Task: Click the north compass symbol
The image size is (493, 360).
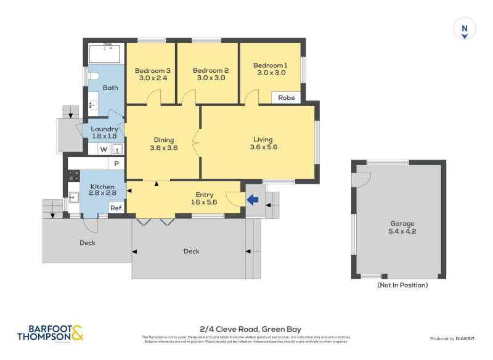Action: point(465,29)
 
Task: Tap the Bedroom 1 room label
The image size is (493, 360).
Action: point(270,65)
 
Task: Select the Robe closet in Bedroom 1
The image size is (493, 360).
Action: point(287,97)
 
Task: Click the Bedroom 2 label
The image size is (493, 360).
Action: point(210,70)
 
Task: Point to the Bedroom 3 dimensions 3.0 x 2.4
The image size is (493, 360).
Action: point(152,78)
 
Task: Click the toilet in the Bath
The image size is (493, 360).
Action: point(93,76)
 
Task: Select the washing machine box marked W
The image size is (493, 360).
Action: point(103,149)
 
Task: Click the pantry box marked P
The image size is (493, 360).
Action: point(116,163)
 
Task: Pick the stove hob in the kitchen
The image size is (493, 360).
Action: point(73,175)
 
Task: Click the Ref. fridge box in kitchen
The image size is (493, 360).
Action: point(116,208)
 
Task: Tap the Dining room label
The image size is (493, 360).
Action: point(164,140)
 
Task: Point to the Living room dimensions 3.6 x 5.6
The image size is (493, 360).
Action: point(263,147)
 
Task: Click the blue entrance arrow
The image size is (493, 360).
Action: point(253,199)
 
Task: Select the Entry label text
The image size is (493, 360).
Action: point(205,194)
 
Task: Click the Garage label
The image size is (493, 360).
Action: point(402,224)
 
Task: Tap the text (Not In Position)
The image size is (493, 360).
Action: point(402,285)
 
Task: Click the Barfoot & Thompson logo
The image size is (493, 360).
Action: point(50,333)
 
